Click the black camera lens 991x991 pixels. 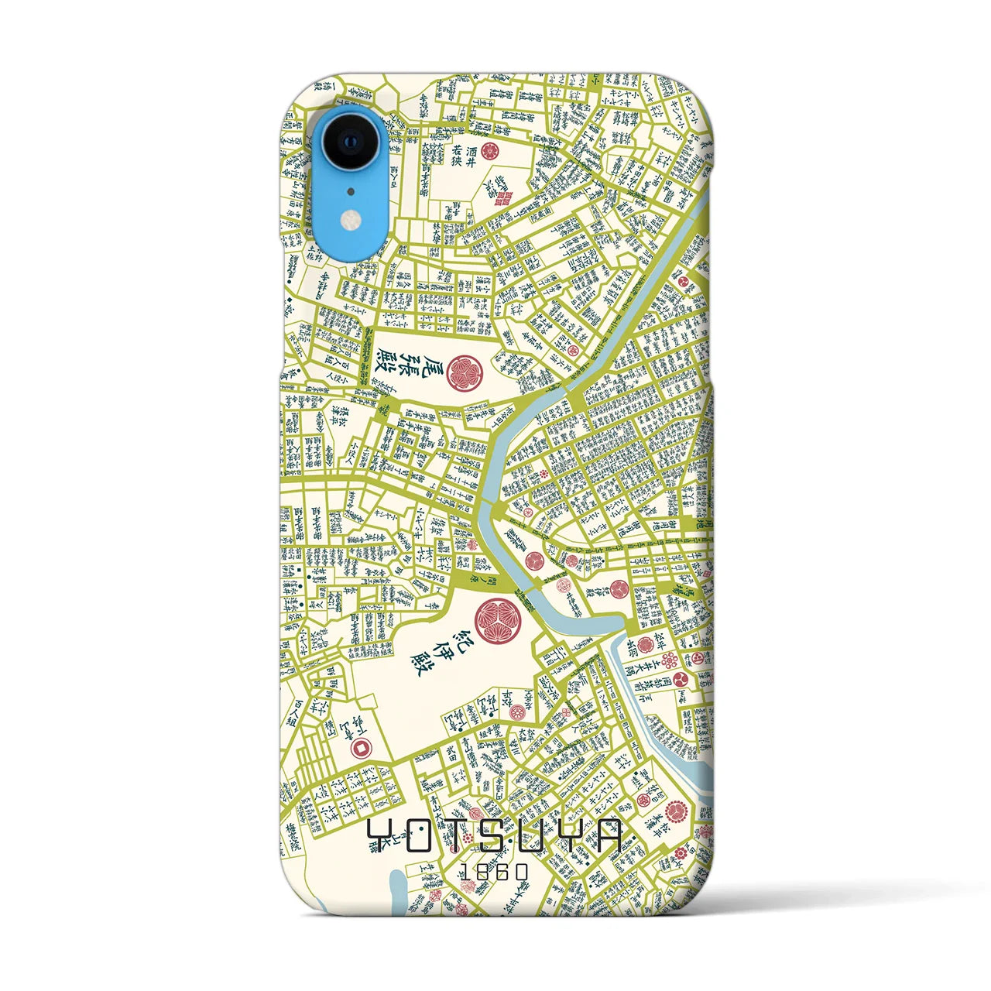click(x=350, y=144)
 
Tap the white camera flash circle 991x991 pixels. click(x=350, y=221)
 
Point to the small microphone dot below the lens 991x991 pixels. click(x=350, y=190)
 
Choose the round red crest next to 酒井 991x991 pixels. click(x=488, y=150)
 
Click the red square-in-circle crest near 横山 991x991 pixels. click(x=360, y=748)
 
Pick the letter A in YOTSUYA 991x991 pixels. click(x=606, y=837)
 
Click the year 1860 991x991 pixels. click(x=495, y=872)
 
